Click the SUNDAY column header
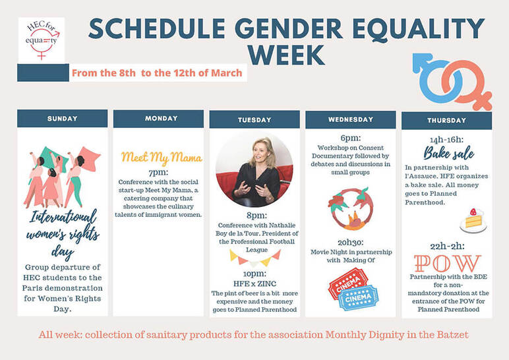pyautogui.click(x=62, y=119)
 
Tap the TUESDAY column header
pyautogui.click(x=254, y=120)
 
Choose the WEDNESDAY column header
pyautogui.click(x=351, y=120)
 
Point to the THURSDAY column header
pyautogui.click(x=446, y=121)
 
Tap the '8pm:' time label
pyautogui.click(x=254, y=214)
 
